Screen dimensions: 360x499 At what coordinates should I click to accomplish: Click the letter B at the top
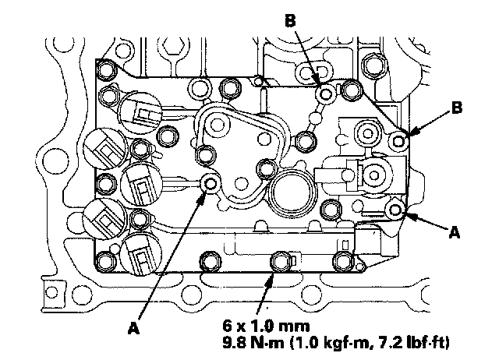(290, 22)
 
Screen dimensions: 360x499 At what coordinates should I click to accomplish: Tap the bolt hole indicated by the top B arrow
(326, 95)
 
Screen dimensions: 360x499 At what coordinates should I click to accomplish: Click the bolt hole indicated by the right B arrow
(399, 141)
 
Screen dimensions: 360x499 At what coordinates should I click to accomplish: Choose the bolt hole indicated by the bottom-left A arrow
(211, 184)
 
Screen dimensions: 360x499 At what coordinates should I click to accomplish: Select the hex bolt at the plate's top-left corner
(108, 72)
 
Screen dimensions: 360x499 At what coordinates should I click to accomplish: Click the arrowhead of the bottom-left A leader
(204, 196)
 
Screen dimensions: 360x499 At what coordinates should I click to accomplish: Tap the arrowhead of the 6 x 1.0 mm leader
(273, 273)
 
